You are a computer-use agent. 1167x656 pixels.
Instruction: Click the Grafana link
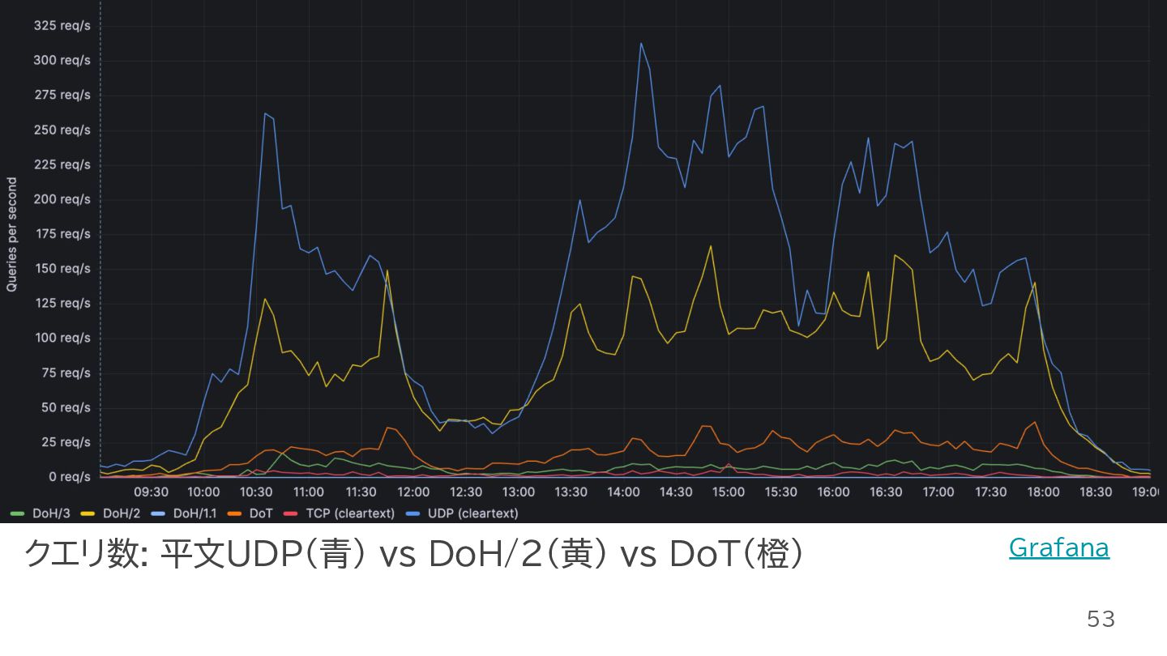[x=1058, y=548]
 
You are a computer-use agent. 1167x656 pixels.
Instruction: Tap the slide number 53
[x=1101, y=620]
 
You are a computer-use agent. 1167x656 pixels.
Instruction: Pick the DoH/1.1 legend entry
[x=193, y=513]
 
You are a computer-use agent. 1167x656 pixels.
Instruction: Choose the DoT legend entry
[x=260, y=513]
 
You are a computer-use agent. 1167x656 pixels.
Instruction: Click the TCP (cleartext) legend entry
[x=349, y=513]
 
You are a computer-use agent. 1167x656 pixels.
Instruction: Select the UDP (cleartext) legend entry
[x=472, y=513]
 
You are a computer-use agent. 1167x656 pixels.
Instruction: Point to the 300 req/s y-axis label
[x=62, y=61]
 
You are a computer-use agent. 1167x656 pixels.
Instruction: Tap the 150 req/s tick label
[x=62, y=269]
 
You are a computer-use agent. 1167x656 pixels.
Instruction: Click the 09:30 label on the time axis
[x=151, y=492]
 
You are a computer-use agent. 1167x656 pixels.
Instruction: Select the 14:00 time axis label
[x=623, y=492]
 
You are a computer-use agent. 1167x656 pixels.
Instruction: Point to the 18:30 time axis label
[x=1096, y=492]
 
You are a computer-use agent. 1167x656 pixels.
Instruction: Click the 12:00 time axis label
[x=413, y=492]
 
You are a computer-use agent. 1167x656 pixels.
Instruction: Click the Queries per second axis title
[x=12, y=235]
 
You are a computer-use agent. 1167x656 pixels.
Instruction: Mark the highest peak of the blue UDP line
[x=641, y=43]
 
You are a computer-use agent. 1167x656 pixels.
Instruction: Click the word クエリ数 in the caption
[x=81, y=555]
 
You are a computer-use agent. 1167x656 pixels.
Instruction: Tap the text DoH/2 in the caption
[x=477, y=555]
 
